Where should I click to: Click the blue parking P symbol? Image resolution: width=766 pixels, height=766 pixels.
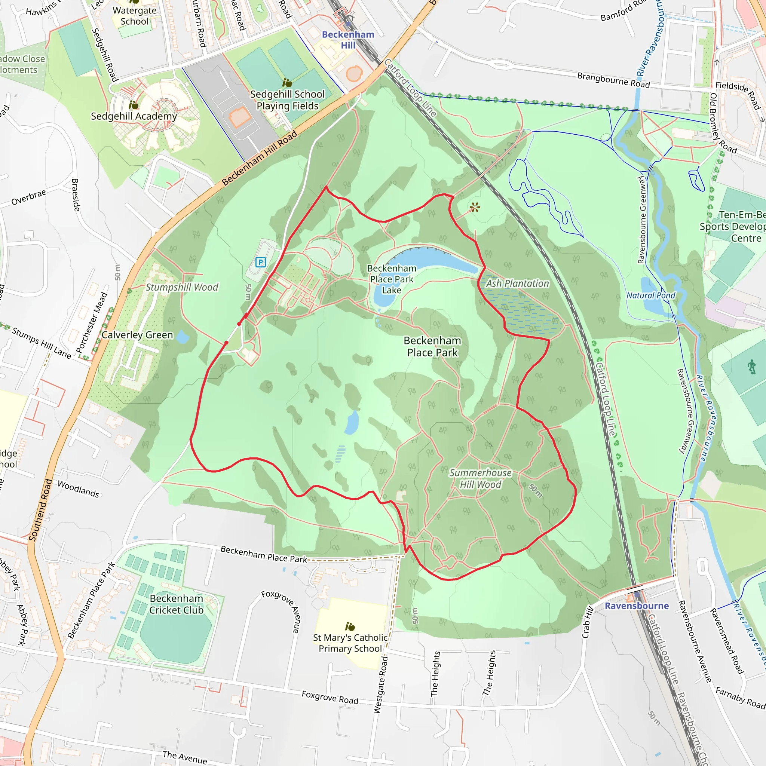(x=260, y=262)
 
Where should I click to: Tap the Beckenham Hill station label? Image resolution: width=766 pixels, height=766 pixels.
(x=348, y=40)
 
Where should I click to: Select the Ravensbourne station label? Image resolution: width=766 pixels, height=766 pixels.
(x=636, y=606)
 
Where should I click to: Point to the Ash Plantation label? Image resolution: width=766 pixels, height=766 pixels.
(x=517, y=284)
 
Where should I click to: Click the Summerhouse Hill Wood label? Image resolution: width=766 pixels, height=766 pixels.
(x=481, y=478)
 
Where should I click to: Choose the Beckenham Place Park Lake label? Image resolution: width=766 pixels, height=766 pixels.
(x=392, y=279)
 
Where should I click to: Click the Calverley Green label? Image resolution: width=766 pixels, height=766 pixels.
(x=137, y=335)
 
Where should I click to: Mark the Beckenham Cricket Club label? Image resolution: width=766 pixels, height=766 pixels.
(x=177, y=604)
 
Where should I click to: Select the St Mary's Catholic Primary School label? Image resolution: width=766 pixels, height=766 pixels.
(x=350, y=643)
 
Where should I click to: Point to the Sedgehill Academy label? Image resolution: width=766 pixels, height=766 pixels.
(x=134, y=116)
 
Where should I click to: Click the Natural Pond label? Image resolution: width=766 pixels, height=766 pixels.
(x=651, y=295)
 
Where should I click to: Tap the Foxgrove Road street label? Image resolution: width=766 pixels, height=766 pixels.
(x=330, y=698)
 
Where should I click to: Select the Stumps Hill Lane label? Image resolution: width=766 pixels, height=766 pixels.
(x=41, y=343)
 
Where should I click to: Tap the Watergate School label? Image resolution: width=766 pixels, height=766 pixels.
(x=134, y=16)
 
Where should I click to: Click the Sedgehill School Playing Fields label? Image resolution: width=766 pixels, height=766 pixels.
(x=288, y=100)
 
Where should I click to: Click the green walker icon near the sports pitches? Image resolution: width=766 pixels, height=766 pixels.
(x=752, y=367)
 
